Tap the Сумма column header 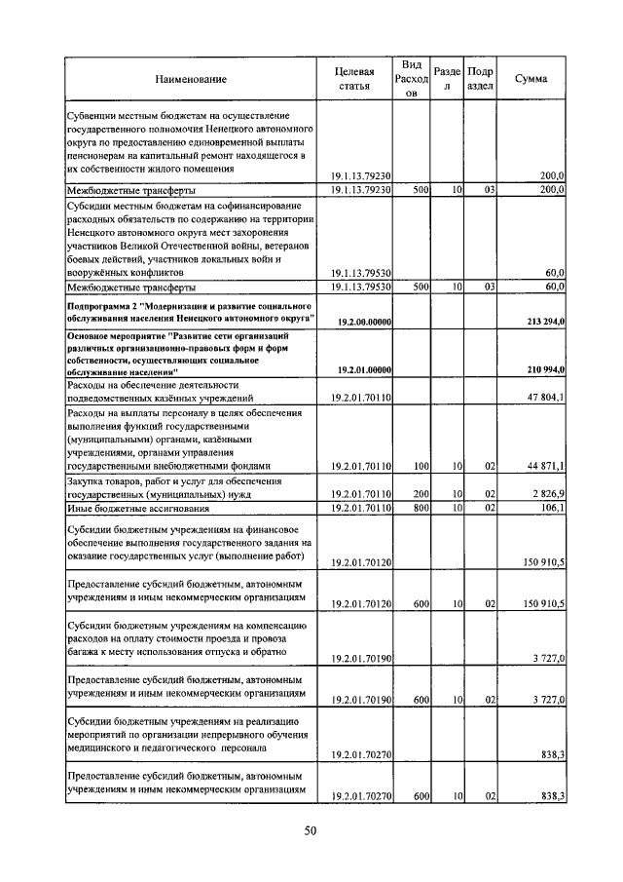[x=531, y=78]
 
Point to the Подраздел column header [x=479, y=78]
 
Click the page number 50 [x=311, y=830]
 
